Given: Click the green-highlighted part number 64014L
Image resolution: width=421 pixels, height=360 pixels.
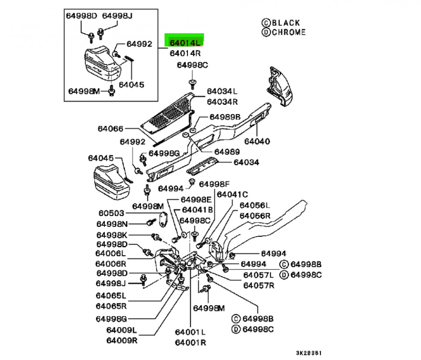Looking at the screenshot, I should point(185,42).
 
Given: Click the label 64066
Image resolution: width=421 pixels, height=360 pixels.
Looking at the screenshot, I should point(111,129).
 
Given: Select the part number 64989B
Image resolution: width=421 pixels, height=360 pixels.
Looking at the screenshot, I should point(225,117).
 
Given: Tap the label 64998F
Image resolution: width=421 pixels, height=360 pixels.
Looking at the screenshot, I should point(215,185).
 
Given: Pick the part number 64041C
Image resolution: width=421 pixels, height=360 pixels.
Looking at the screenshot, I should point(232,194).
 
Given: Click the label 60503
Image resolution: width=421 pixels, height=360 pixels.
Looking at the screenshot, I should point(111,213).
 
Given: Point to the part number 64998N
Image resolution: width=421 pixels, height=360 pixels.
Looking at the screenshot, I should point(112,224).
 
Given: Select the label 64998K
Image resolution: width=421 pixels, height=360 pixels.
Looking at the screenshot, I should point(112,235).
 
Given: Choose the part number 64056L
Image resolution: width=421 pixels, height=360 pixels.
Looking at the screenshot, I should point(255,205).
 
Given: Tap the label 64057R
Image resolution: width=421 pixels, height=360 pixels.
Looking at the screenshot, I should point(259,286).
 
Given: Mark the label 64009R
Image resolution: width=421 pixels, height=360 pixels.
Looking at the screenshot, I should point(121,341).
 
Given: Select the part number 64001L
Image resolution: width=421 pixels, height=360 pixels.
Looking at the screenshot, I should point(190,332).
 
